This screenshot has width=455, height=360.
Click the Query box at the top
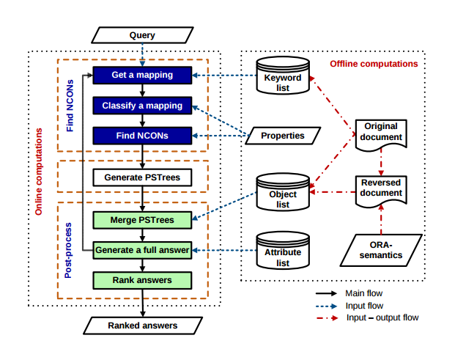click(142, 34)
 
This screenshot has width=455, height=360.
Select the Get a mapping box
click(142, 75)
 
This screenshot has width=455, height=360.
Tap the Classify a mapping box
click(142, 106)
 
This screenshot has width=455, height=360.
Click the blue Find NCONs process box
click(142, 136)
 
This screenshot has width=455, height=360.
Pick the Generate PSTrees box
click(142, 177)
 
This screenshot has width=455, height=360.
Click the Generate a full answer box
click(142, 250)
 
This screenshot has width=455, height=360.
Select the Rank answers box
click(142, 280)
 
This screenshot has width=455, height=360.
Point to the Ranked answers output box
click(143, 325)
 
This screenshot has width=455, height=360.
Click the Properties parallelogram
click(283, 136)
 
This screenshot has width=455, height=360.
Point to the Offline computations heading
click(374, 64)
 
